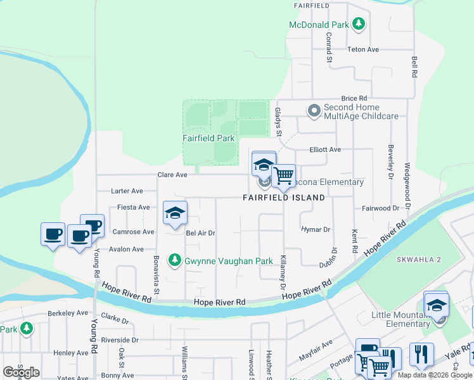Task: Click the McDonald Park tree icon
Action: pyautogui.click(x=359, y=24)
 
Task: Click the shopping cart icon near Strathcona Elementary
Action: pyautogui.click(x=283, y=175)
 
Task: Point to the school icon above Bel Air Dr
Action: pyautogui.click(x=175, y=213)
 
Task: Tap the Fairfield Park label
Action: pyautogui.click(x=208, y=138)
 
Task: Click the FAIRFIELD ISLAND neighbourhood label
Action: pyautogui.click(x=283, y=198)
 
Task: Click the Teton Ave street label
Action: pyautogui.click(x=362, y=49)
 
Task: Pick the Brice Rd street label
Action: pyautogui.click(x=354, y=98)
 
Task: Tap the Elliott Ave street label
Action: pyautogui.click(x=325, y=149)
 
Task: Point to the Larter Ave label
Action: pyautogui.click(x=127, y=191)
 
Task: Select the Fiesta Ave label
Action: pyautogui.click(x=134, y=207)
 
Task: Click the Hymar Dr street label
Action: pyautogui.click(x=316, y=229)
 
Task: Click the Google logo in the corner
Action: pyautogui.click(x=21, y=372)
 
